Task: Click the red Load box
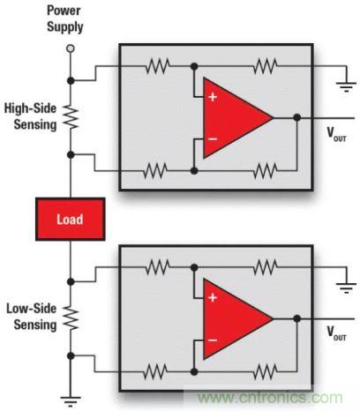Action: (71, 220)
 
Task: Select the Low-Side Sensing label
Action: (32, 318)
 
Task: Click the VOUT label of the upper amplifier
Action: (338, 137)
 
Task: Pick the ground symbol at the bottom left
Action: (71, 398)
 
